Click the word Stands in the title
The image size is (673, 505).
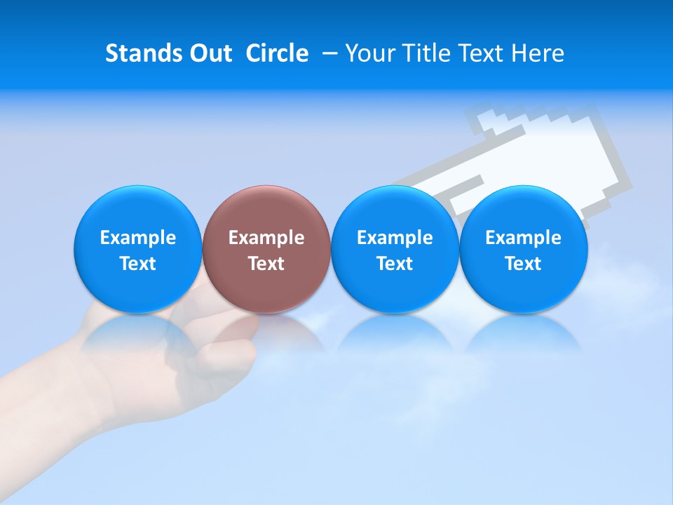pos(144,54)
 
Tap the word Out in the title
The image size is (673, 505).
pos(208,54)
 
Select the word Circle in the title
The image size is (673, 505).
pos(277,54)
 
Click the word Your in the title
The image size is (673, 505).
pos(369,54)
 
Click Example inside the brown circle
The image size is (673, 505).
pos(266,238)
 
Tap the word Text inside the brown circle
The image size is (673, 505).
pos(266,264)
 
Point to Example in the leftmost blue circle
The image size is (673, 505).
pos(137,238)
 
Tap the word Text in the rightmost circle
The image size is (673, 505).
pos(524,264)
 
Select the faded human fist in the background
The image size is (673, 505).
pos(175,351)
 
